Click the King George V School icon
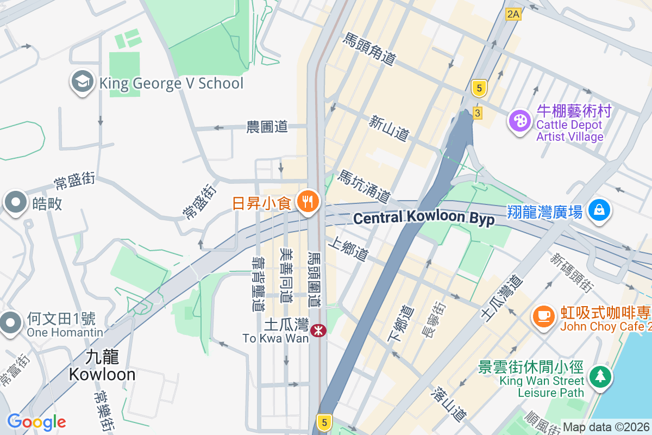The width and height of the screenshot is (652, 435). (81, 83)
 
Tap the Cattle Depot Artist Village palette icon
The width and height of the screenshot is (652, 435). (520, 121)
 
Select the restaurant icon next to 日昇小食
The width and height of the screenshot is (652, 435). (308, 202)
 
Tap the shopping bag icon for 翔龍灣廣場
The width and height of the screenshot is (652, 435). (599, 210)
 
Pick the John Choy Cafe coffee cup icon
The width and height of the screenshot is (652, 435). (543, 315)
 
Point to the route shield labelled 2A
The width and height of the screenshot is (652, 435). (512, 14)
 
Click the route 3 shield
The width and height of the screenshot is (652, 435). (477, 113)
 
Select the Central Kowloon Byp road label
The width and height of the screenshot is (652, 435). (424, 218)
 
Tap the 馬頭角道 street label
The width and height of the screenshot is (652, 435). (368, 49)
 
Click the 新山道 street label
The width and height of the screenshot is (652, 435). (388, 128)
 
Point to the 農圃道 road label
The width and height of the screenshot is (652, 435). (267, 127)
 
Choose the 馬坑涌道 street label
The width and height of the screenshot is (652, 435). (364, 186)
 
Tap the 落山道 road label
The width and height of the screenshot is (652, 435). (449, 403)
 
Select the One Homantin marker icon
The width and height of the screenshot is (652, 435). (10, 322)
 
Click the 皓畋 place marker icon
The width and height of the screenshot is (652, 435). (15, 202)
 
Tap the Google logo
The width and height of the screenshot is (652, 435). (36, 422)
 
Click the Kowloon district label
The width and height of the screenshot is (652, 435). (102, 365)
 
